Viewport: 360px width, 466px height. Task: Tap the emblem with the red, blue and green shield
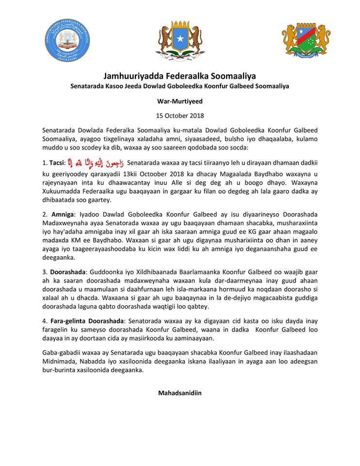306,41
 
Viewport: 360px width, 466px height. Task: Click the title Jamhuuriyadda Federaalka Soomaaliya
180,76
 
